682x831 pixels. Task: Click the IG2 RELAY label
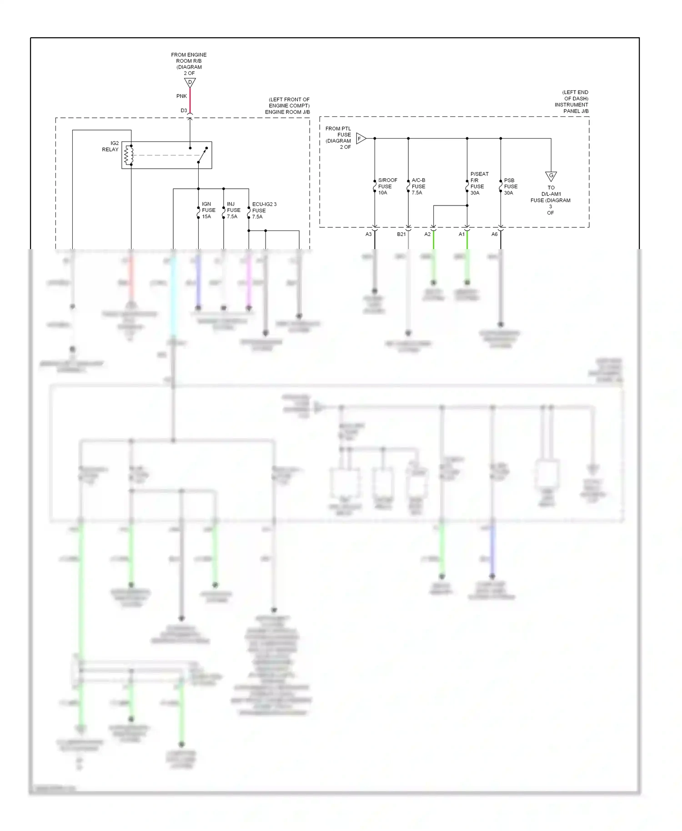pos(110,146)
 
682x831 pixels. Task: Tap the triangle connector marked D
pos(190,83)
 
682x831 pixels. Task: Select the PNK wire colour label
pos(181,96)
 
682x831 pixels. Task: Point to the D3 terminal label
pos(184,110)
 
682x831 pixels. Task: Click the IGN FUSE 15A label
pos(209,210)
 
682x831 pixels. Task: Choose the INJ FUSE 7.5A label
pos(233,210)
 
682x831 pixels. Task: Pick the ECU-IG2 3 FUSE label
pos(264,210)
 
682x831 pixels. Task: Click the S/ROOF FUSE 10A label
pos(387,186)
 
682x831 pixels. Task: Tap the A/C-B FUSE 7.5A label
pos(418,186)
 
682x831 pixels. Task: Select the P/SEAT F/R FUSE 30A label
pos(479,183)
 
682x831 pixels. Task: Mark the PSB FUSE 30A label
pos(511,186)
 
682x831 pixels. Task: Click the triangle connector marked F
pos(361,139)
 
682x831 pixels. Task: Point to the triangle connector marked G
pos(551,176)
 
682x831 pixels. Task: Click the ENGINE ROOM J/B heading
pos(287,112)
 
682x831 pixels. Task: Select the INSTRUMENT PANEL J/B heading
pos(571,108)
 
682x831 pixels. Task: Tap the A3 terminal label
pos(368,235)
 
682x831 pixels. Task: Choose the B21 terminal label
pos(401,235)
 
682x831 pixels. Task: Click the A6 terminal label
pos(494,235)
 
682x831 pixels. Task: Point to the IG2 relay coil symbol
pos(129,155)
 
